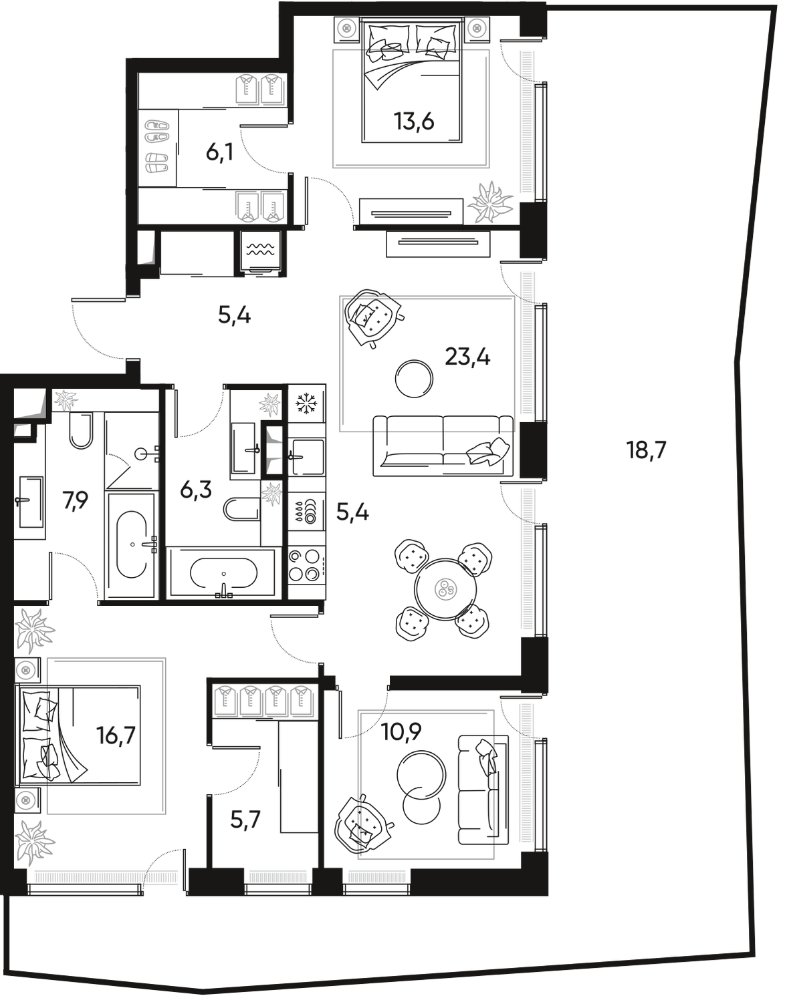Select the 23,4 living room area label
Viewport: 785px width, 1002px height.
(467, 359)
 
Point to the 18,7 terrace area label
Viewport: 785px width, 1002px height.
(646, 450)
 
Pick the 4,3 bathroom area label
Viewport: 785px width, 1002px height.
(196, 492)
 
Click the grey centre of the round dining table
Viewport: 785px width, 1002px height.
(442, 590)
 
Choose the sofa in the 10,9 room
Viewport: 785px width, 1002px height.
(482, 788)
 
